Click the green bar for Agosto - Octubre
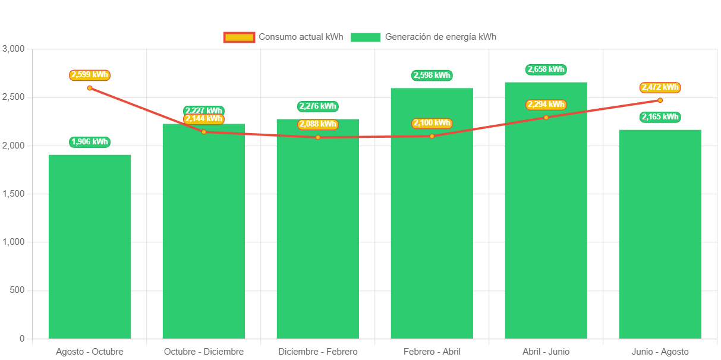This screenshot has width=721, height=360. click(x=90, y=247)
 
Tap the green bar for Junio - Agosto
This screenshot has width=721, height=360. click(x=660, y=234)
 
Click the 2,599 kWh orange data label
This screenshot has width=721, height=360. click(x=90, y=75)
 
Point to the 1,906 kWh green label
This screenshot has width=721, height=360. click(x=90, y=142)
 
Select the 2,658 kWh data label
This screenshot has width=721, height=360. click(x=546, y=70)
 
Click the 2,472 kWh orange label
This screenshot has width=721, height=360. click(x=660, y=87)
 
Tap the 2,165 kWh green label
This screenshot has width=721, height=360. click(x=660, y=117)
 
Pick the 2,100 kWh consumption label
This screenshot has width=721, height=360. click(x=432, y=123)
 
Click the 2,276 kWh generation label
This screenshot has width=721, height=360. click(x=318, y=106)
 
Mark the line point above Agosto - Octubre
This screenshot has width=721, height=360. click(x=90, y=88)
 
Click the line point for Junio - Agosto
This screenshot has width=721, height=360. click(x=660, y=100)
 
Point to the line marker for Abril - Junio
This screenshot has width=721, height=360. click(x=546, y=117)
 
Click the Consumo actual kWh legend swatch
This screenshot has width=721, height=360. click(x=239, y=37)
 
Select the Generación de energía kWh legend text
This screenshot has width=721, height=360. click(x=440, y=37)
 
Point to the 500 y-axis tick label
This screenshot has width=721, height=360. click(x=17, y=290)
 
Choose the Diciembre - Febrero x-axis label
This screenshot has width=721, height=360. click(x=318, y=352)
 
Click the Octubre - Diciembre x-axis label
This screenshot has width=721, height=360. click(x=204, y=352)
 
